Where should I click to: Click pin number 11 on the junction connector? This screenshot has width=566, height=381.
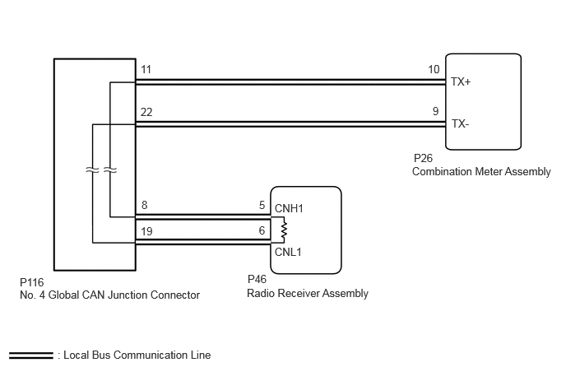pos(146,69)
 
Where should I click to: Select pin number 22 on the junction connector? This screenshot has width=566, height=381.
pos(146,112)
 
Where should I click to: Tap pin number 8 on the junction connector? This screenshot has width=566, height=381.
pos(145,205)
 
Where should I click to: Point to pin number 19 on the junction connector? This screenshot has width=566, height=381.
pos(146,231)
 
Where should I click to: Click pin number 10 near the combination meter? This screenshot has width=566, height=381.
pos(434,69)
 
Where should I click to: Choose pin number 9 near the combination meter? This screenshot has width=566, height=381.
pos(436,111)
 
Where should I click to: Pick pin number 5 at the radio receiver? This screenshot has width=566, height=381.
pos(262,205)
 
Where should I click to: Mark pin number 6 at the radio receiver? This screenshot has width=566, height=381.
pos(262,230)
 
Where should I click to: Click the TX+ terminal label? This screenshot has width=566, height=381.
pos(461,82)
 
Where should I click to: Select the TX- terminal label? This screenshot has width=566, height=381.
pos(460,124)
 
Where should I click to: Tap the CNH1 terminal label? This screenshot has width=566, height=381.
pos(289,208)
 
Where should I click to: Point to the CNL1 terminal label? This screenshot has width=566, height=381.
pos(288,252)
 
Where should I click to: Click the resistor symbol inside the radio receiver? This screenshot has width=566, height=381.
pos(284,230)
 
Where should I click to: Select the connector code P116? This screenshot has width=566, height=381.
pos(32,282)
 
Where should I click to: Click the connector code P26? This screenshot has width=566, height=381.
pos(423,158)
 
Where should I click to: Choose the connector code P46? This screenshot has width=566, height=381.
pos(257,279)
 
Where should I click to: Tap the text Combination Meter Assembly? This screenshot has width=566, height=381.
pos(481,171)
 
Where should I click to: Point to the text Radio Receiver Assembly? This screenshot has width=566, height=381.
pos(308,293)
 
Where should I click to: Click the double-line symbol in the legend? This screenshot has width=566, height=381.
pos(31,355)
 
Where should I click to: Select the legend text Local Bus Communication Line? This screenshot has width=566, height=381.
pos(137,355)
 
